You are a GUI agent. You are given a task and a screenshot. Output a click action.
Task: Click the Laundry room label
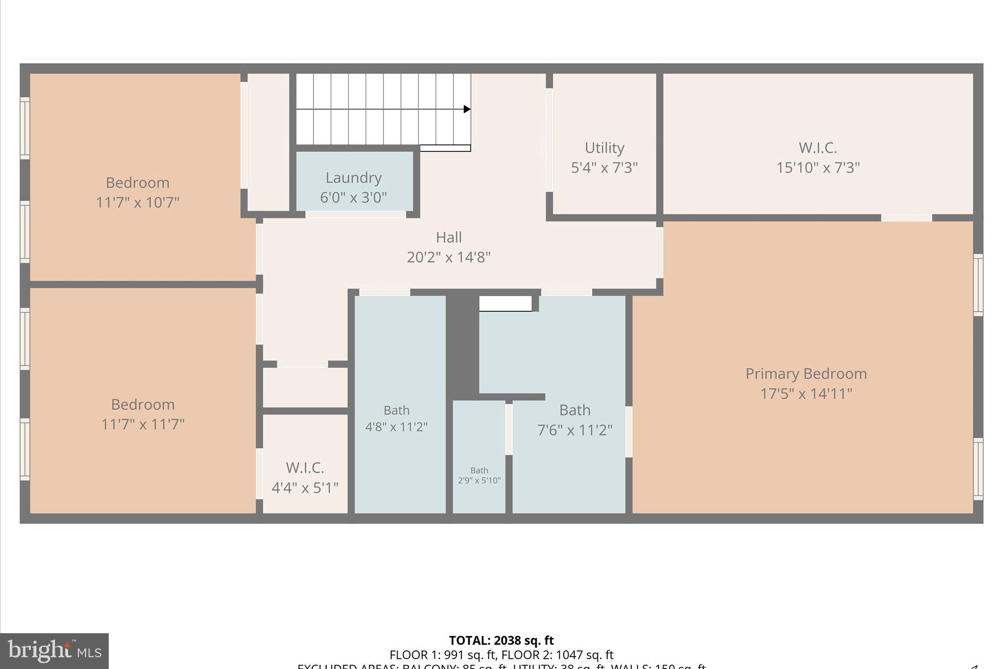[353, 177]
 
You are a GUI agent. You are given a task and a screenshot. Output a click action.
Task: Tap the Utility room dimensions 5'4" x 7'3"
[604, 168]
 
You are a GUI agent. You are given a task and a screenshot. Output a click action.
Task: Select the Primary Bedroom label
[806, 373]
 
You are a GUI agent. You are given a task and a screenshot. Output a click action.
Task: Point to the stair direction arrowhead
[467, 109]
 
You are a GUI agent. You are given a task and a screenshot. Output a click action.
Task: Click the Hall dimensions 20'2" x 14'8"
[448, 257]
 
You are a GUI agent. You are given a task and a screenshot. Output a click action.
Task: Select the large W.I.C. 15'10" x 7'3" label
[817, 148]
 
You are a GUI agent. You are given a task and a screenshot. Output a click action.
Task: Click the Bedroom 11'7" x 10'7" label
[138, 183]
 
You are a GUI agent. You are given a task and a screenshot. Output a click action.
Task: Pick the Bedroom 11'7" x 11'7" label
[143, 405]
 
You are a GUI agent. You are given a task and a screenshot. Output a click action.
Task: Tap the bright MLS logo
[54, 651]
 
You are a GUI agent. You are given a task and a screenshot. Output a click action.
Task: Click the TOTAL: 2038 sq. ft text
[501, 640]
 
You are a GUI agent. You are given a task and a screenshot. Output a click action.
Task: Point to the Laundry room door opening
[356, 214]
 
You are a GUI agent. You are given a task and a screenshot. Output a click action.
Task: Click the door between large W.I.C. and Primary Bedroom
[906, 218]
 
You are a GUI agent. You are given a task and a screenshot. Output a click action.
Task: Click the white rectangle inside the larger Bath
[505, 303]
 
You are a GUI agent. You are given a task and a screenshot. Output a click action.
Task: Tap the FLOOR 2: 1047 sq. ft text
[557, 655]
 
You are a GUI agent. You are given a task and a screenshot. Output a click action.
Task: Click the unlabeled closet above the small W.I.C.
[305, 387]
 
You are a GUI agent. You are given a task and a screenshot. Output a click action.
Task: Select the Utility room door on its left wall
[549, 140]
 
